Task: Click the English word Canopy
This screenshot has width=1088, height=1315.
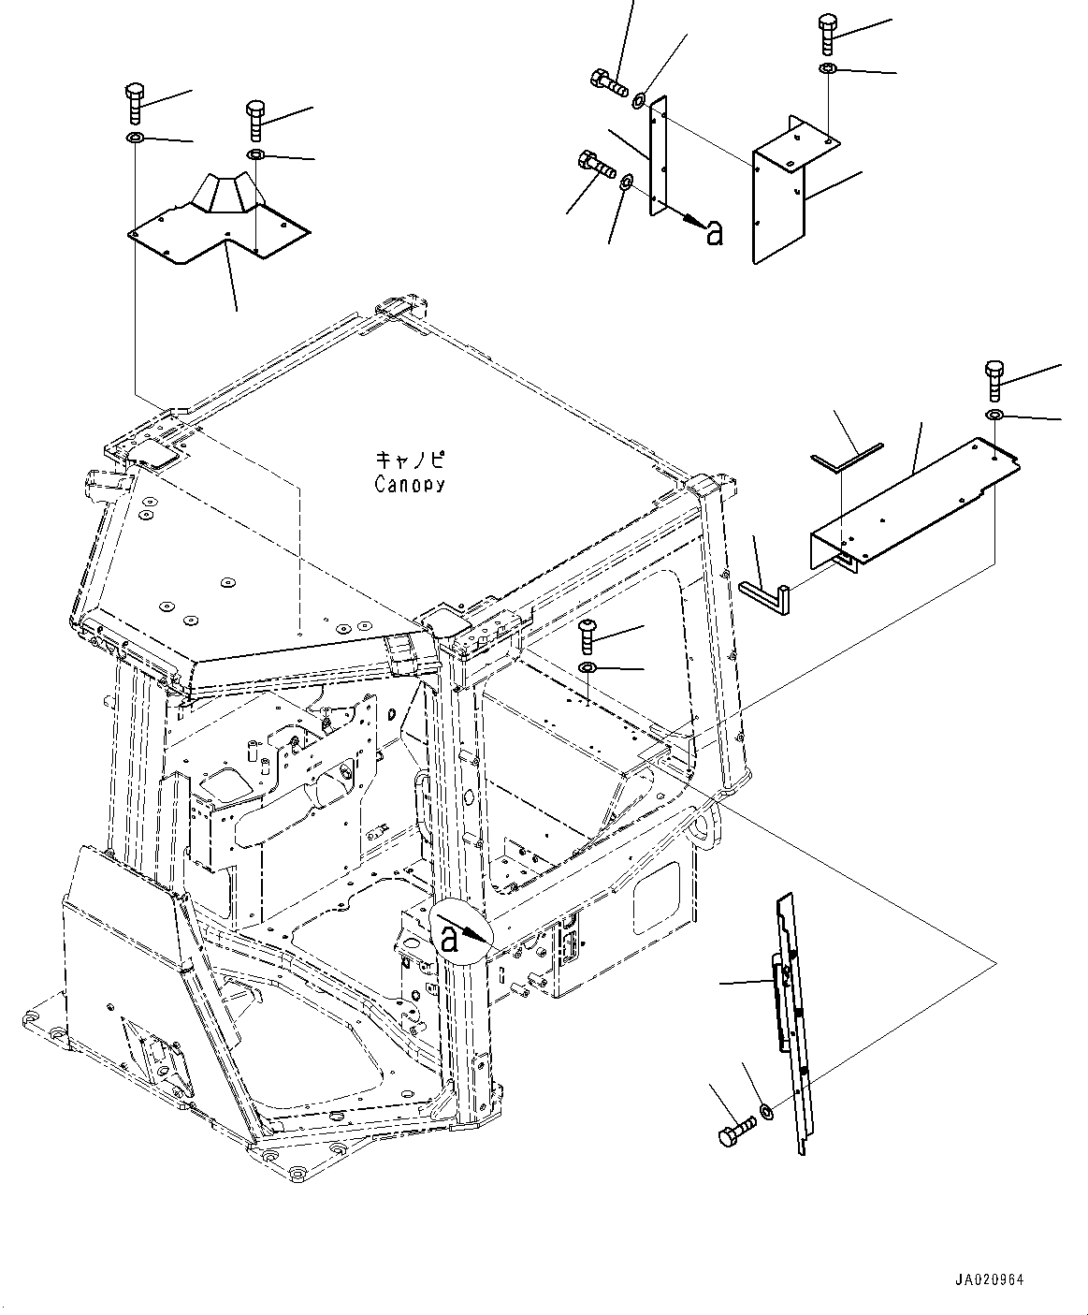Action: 410,485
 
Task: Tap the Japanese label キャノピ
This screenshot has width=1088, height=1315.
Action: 410,460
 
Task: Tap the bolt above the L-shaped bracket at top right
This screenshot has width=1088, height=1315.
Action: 827,35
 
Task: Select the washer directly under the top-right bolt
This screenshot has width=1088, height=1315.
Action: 828,70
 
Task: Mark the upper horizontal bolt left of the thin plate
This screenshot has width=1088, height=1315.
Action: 609,83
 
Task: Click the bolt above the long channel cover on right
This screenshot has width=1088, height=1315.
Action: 994,380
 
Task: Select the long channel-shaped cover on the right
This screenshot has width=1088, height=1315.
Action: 912,505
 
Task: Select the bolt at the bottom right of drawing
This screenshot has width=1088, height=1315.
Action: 737,1131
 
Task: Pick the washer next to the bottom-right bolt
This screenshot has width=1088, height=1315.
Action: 766,1111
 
